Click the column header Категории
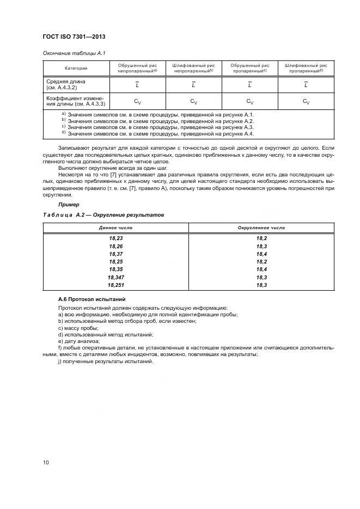pyautogui.click(x=76, y=68)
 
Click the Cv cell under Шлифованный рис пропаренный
pyautogui.click(x=306, y=101)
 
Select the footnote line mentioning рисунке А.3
pyautogui.click(x=157, y=127)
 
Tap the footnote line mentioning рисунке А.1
pyautogui.click(x=157, y=114)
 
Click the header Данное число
pyautogui.click(x=115, y=228)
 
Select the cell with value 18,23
pyautogui.click(x=115, y=238)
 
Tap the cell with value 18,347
pyautogui.click(x=115, y=277)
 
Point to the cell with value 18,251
pyautogui.click(x=115, y=285)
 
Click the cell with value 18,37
pyautogui.click(x=115, y=254)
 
